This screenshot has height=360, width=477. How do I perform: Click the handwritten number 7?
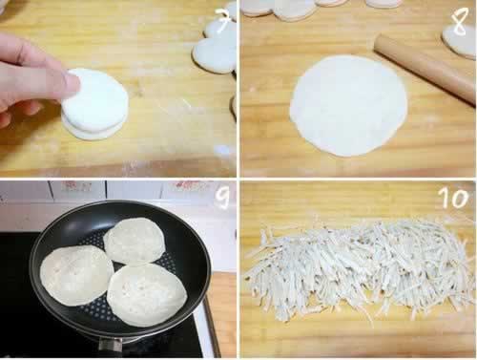(223, 21)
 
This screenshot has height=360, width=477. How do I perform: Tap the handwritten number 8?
(461, 22)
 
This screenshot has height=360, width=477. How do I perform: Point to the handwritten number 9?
(222, 198)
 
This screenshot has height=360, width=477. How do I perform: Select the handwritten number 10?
(454, 198)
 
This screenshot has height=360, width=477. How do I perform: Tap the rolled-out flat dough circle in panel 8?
(348, 106)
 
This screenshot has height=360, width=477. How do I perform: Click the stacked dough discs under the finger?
(95, 103)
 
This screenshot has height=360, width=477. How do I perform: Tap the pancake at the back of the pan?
(135, 243)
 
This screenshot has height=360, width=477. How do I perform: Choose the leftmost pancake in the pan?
(77, 276)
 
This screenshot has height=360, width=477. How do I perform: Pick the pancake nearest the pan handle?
(147, 294)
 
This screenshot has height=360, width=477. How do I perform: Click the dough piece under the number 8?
(459, 41)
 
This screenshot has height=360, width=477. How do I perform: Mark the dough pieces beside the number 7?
(215, 48)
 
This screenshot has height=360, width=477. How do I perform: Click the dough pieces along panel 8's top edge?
(318, 7)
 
